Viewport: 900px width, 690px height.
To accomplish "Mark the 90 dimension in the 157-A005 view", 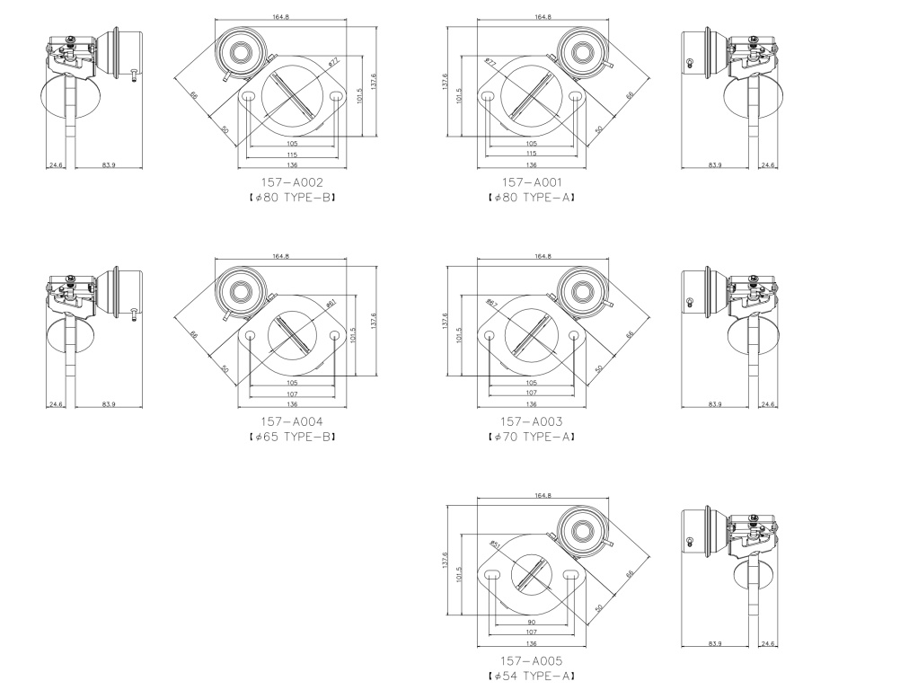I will [532, 623].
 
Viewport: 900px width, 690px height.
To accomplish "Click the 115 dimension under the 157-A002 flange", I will [292, 154].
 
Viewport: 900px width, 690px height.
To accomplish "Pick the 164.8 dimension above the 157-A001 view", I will [543, 17].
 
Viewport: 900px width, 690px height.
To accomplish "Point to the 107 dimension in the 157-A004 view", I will [292, 394].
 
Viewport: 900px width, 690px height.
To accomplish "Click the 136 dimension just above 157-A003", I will [532, 404].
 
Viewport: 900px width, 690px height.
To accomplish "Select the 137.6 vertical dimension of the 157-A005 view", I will [445, 560].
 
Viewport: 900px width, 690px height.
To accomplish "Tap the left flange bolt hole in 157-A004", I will [251, 335].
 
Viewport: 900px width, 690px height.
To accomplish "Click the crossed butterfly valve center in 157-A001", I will [532, 94].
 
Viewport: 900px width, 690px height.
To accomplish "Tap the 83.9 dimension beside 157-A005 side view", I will [715, 644].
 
